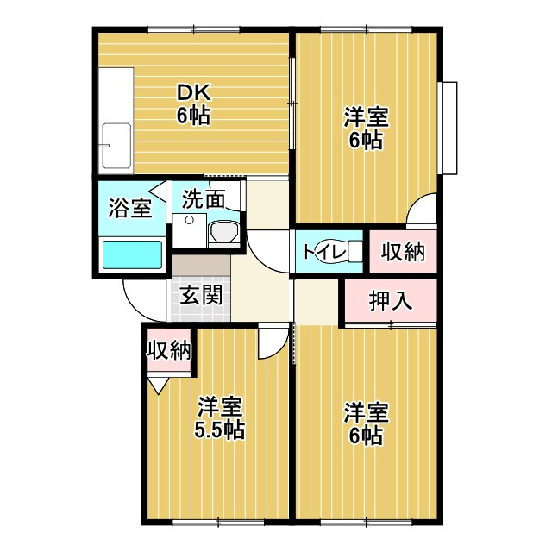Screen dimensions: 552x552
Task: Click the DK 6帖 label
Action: [193, 104]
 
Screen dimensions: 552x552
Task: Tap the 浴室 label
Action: [129, 208]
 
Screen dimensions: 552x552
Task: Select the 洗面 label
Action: [204, 199]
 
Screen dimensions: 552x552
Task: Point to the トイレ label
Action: [321, 251]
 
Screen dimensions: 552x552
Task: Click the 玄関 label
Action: [201, 295]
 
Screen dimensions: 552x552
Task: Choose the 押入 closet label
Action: [391, 301]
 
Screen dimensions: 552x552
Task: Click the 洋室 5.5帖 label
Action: [220, 417]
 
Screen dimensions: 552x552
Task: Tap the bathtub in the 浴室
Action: [132, 255]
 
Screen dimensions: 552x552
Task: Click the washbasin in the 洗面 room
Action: [223, 232]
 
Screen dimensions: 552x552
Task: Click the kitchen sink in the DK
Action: [116, 146]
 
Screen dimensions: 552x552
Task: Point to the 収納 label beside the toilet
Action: [403, 252]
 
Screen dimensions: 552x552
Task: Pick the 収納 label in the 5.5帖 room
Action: [169, 350]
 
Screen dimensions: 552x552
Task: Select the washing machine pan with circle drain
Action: [190, 230]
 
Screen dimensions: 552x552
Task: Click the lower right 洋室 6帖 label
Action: [366, 423]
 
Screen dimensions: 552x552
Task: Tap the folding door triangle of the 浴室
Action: [159, 191]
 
